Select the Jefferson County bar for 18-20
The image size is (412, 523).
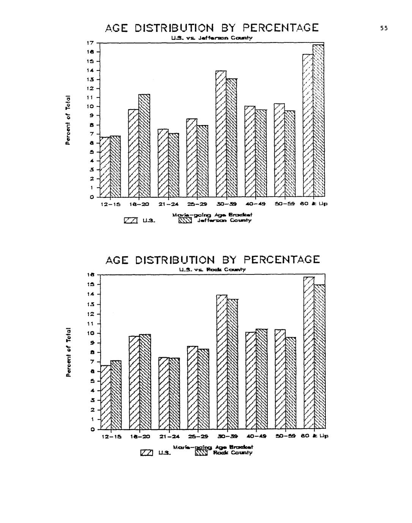(x=144, y=146)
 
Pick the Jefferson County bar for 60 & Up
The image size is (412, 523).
(x=319, y=121)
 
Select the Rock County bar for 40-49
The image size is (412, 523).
(x=262, y=379)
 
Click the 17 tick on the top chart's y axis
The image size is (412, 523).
(x=90, y=43)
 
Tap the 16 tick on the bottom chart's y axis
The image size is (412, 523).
(x=90, y=275)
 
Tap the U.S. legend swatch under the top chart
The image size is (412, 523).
(x=131, y=221)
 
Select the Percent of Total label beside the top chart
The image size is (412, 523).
(x=68, y=120)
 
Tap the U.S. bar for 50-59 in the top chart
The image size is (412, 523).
(x=279, y=150)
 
